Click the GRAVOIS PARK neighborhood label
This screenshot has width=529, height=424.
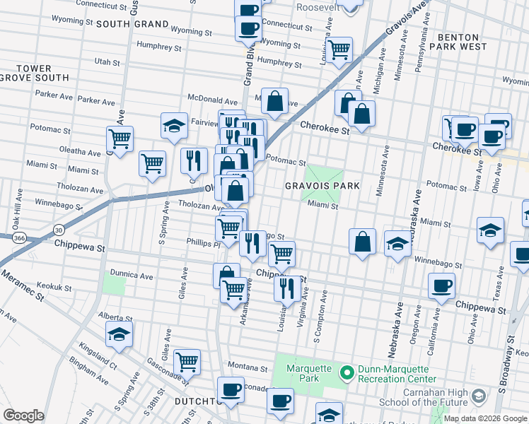(322, 186)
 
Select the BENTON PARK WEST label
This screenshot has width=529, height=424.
(463, 42)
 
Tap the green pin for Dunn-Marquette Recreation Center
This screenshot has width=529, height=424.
(347, 372)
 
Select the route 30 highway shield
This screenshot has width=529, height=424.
(59, 230)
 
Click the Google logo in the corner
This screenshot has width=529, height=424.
(23, 416)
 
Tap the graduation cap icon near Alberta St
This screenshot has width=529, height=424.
(119, 335)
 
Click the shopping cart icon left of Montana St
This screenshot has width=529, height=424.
(187, 362)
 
